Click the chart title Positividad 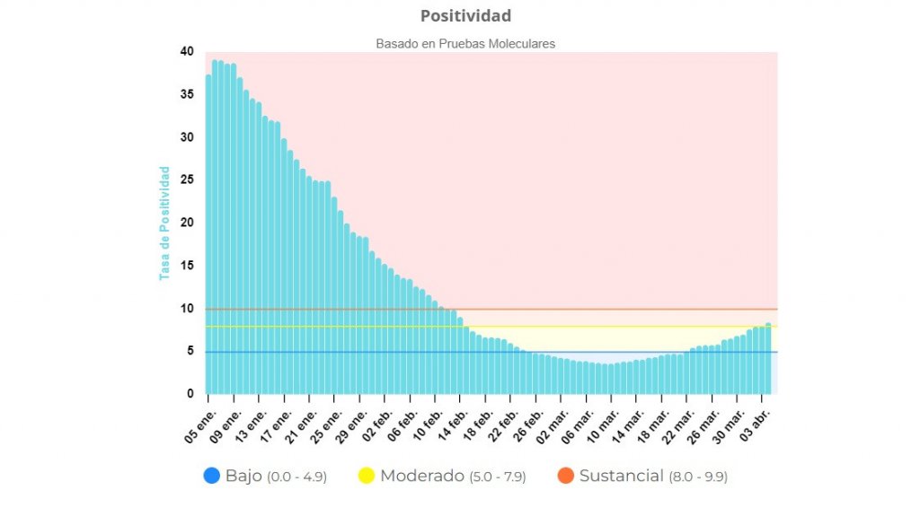465,16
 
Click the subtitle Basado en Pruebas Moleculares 464,43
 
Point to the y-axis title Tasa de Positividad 164,223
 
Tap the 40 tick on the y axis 187,52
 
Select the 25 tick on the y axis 187,180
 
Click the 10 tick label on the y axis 187,309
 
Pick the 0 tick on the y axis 190,394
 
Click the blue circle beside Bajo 212,476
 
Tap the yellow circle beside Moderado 366,476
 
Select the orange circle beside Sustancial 565,476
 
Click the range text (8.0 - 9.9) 698,477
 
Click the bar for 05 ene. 208,233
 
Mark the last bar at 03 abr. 768,359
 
